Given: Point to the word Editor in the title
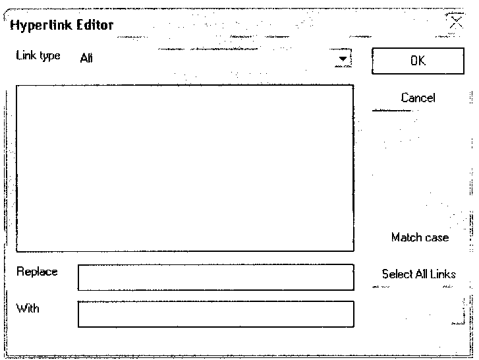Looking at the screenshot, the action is pyautogui.click(x=96, y=26).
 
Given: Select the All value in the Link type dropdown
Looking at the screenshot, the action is pyautogui.click(x=86, y=58).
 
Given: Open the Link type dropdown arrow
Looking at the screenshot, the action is pyautogui.click(x=342, y=59).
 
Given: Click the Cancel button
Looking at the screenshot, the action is pyautogui.click(x=418, y=98).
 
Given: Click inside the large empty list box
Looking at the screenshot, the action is pyautogui.click(x=184, y=168).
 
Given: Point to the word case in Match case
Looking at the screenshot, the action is pyautogui.click(x=436, y=237).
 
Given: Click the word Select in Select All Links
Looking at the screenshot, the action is pyautogui.click(x=396, y=274).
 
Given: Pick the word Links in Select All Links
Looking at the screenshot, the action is pyautogui.click(x=443, y=274).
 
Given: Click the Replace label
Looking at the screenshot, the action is pyautogui.click(x=37, y=272).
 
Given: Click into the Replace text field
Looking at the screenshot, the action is pyautogui.click(x=215, y=277).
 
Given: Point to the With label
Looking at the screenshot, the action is pyautogui.click(x=28, y=308).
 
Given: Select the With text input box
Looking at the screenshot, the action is pyautogui.click(x=215, y=314).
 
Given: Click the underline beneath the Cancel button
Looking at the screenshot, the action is pyautogui.click(x=392, y=111).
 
